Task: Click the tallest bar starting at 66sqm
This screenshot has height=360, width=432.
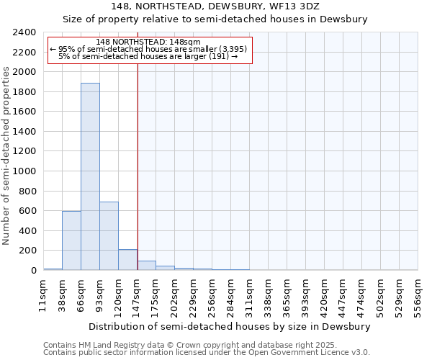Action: pyautogui.click(x=90, y=176)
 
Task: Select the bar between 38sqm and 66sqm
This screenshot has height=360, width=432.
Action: pyautogui.click(x=71, y=240)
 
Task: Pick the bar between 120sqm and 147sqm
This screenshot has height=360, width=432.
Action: pyautogui.click(x=127, y=260)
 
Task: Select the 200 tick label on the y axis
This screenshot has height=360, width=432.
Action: pyautogui.click(x=28, y=251)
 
